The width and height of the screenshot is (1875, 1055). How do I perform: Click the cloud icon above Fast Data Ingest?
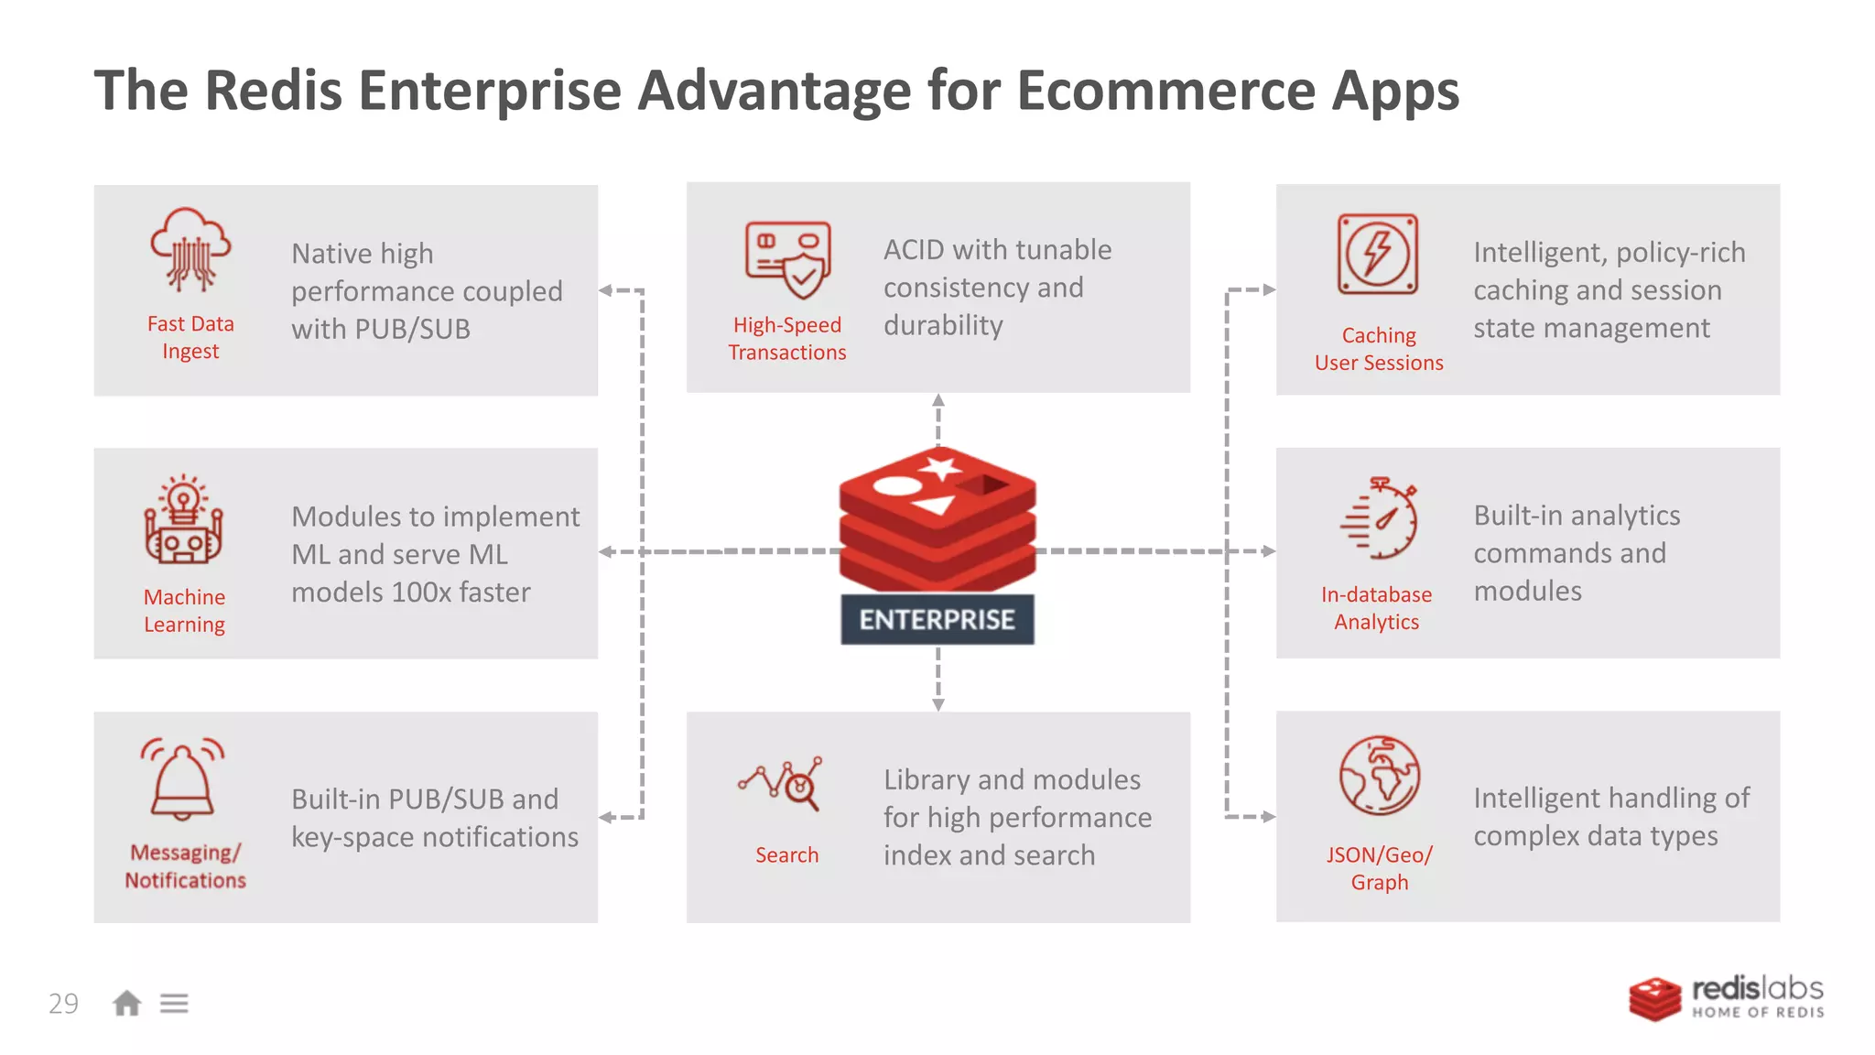click(x=190, y=249)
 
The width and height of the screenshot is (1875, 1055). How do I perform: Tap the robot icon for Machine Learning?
click(x=183, y=520)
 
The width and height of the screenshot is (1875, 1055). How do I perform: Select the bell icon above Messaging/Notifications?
click(x=182, y=778)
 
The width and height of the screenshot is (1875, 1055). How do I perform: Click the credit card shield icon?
click(x=788, y=260)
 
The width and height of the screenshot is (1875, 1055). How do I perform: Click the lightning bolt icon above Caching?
click(x=1377, y=255)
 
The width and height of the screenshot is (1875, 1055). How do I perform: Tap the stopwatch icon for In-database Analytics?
click(x=1380, y=518)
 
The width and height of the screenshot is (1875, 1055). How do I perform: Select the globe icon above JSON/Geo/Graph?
click(x=1379, y=776)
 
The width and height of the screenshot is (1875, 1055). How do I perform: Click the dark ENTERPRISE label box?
click(x=937, y=620)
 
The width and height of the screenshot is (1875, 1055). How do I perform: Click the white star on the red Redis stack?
click(x=940, y=469)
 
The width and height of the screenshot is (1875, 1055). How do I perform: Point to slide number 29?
click(x=63, y=1004)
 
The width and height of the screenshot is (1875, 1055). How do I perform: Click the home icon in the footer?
click(x=126, y=1004)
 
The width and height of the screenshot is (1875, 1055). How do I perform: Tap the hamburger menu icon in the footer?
click(x=174, y=1004)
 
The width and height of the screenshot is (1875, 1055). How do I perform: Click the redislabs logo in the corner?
click(x=1726, y=998)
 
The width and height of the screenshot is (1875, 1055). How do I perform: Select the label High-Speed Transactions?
click(x=786, y=338)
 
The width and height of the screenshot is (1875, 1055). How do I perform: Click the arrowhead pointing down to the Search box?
click(x=937, y=704)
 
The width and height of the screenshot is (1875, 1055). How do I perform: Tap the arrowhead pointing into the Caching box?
click(x=1269, y=289)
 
